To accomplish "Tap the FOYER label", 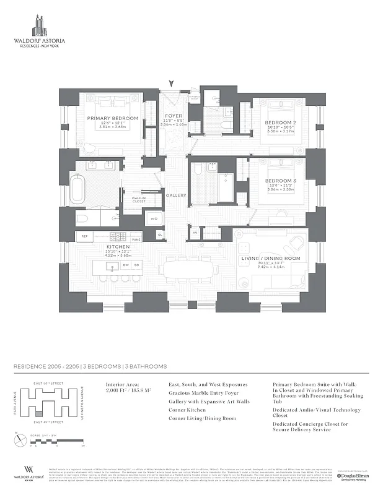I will tap(174, 115).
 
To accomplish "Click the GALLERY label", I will tap(175, 196).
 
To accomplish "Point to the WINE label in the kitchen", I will tap(136, 239).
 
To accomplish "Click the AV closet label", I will tap(195, 233).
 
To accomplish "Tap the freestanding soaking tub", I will tap(78, 190).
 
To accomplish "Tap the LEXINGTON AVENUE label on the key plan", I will tap(81, 403).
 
